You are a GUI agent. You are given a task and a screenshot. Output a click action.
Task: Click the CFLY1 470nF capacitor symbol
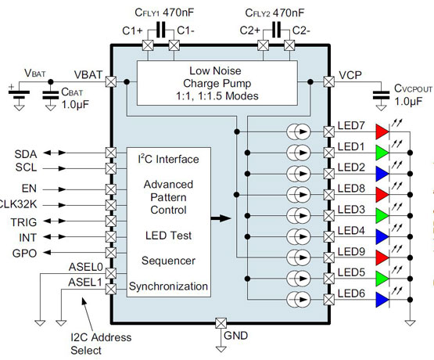(160, 31)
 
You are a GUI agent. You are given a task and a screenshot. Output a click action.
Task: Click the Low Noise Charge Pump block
(217, 84)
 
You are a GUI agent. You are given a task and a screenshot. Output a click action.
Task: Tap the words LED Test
(168, 236)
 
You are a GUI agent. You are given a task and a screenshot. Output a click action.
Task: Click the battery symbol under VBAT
(18, 94)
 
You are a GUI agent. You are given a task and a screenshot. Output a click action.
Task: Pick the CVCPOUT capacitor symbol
(382, 95)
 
